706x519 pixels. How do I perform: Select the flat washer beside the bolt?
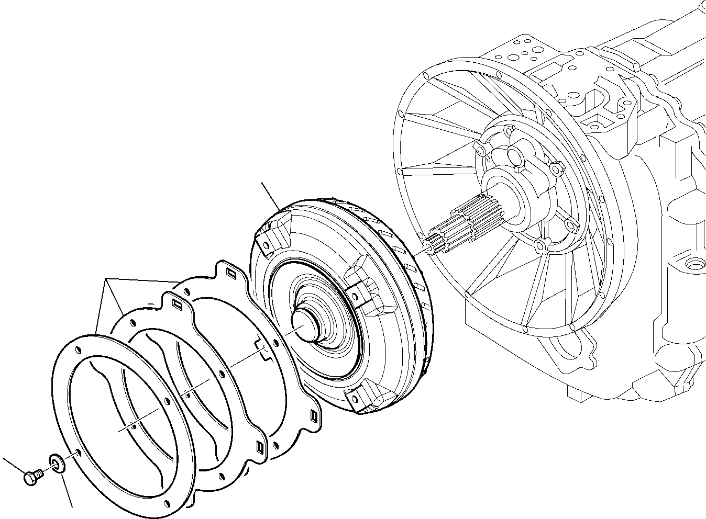pos(56,462)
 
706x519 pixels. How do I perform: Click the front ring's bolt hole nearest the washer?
pos(78,452)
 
